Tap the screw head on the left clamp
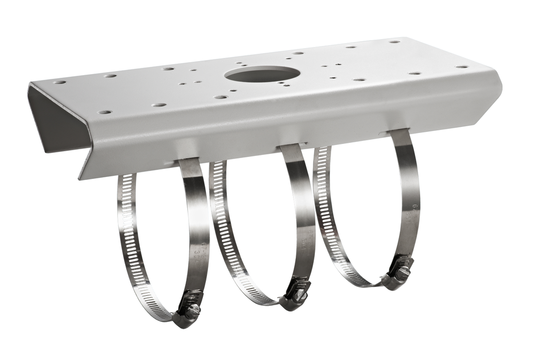point(193,311)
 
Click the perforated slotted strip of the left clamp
point(130,245)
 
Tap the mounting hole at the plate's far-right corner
point(462,67)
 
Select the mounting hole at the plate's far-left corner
point(59,82)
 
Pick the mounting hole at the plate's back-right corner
point(394,41)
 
